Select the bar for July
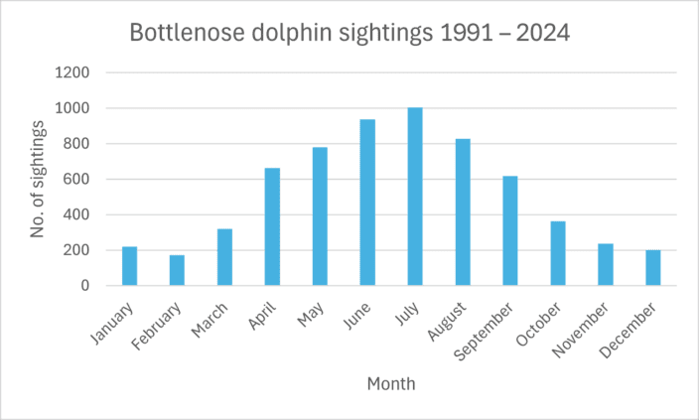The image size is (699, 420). coord(415,197)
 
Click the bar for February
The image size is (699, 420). coord(177,270)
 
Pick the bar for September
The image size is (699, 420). coord(510,230)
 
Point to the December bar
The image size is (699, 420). coord(653,268)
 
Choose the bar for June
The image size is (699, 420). coord(367,203)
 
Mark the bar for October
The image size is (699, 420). coord(558,253)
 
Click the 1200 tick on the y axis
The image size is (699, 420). coord(75,72)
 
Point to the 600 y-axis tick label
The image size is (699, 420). coord(79,180)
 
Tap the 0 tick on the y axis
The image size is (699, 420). coord(86,286)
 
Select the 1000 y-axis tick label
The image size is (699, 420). coord(75,108)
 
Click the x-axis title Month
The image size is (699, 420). coord(391,383)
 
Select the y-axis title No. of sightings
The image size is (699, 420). coord(39,179)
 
